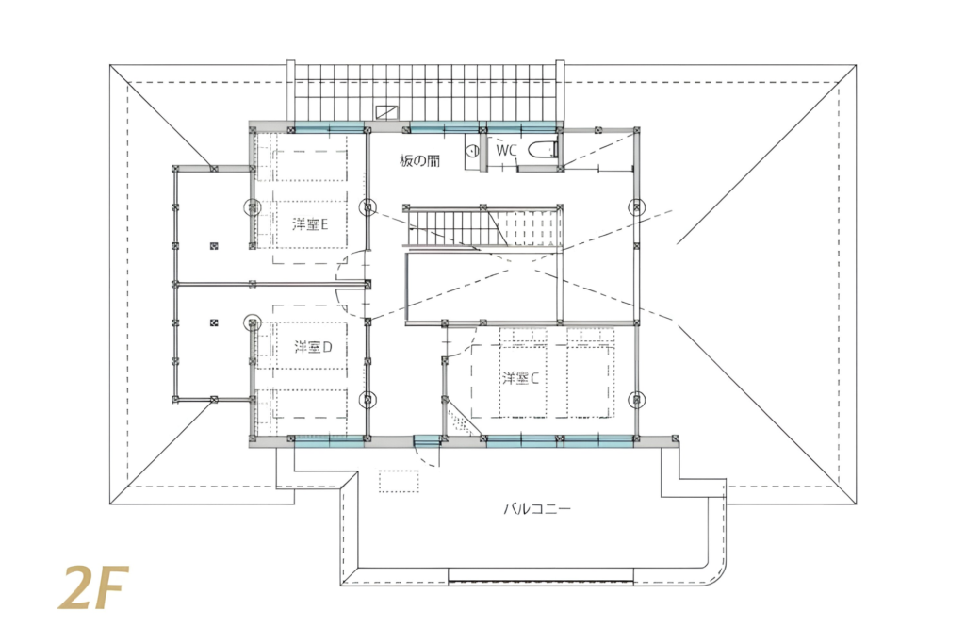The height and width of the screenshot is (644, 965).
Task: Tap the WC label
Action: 506,150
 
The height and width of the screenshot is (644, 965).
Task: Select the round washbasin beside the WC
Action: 472,150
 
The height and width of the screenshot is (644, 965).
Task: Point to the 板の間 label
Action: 419,161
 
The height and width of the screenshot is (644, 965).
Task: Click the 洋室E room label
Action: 310,224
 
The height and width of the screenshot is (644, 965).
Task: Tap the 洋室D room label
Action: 313,347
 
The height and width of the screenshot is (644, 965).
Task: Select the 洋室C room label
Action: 520,378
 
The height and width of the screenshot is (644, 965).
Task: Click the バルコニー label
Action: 537,509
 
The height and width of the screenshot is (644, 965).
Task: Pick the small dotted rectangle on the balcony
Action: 399,482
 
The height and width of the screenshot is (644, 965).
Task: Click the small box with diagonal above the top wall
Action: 387,111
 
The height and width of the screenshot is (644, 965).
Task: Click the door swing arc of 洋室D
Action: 345,305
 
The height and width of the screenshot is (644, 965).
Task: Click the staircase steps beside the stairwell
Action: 483,227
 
